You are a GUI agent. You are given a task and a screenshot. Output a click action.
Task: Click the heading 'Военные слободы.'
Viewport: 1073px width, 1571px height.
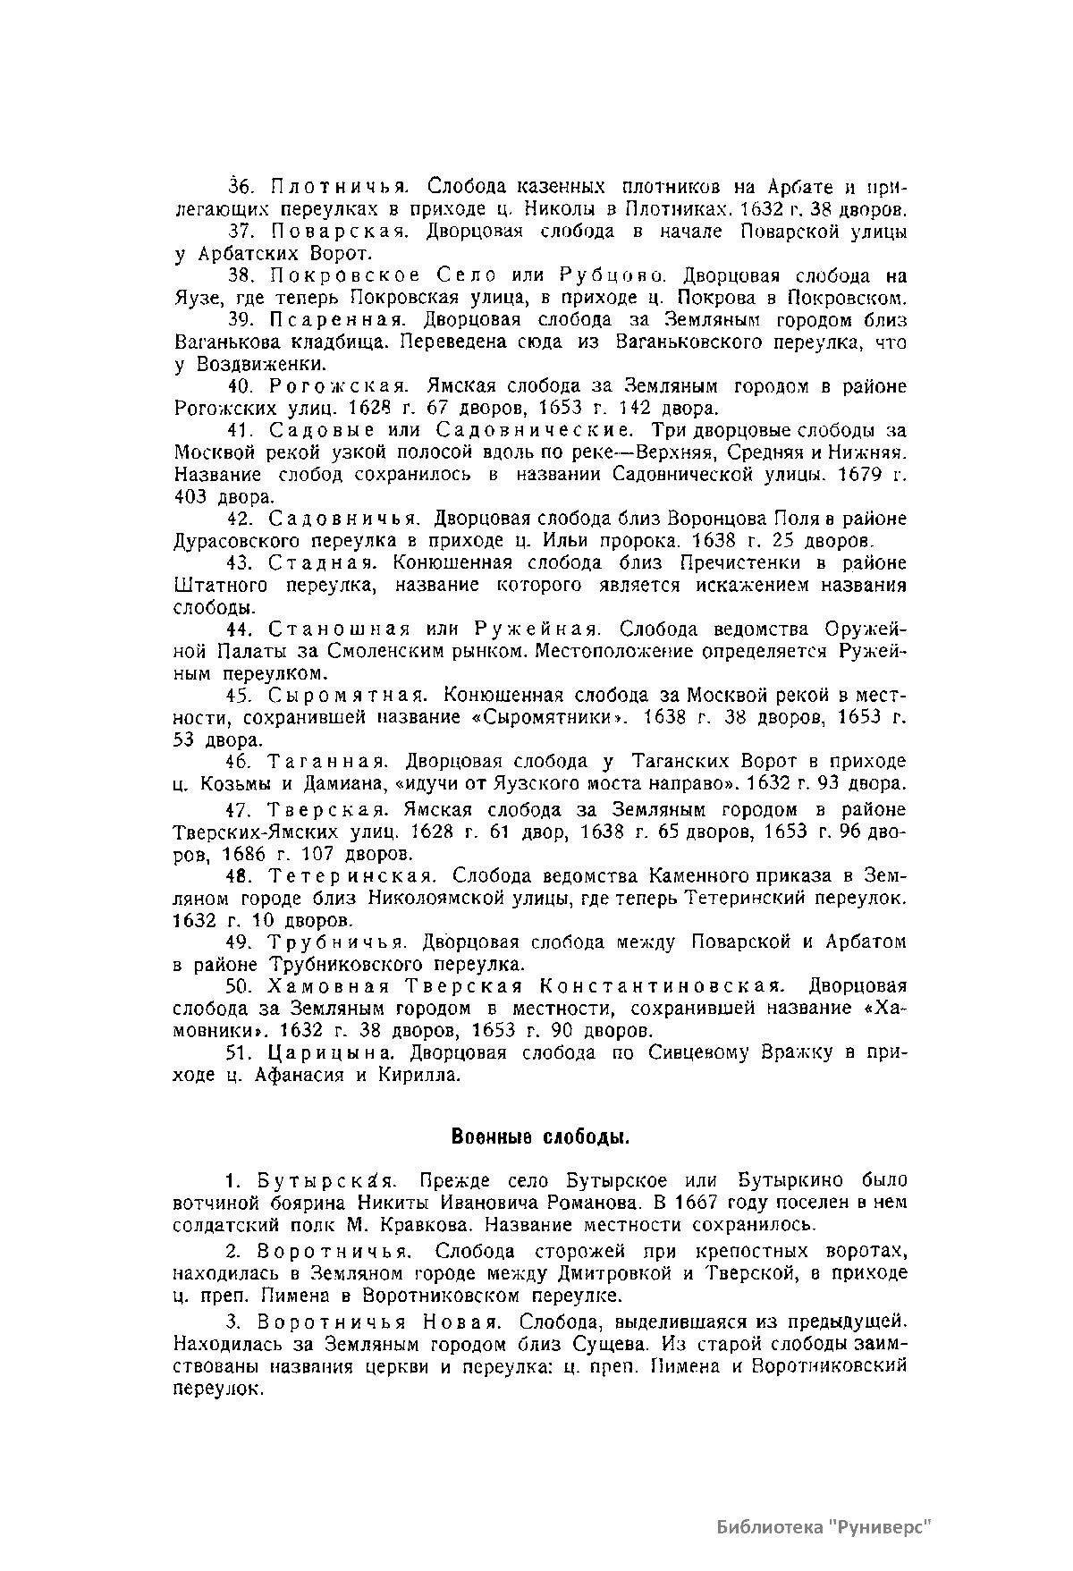pyautogui.click(x=541, y=1136)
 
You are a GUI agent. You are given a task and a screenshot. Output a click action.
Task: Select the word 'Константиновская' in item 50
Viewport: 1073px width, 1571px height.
pyautogui.click(x=663, y=986)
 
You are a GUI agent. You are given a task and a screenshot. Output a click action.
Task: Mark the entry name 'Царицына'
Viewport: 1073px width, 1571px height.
pyautogui.click(x=327, y=1052)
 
